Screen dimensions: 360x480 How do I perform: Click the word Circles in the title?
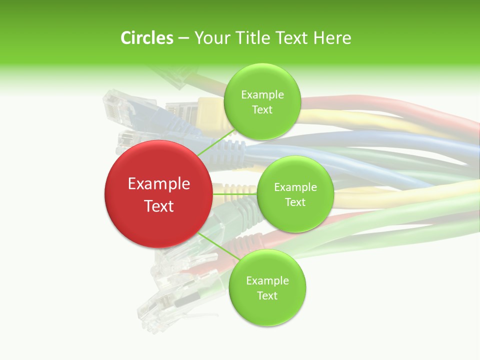[x=146, y=38]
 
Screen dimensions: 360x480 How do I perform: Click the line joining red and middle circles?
[x=234, y=194]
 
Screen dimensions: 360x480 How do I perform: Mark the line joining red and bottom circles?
[x=217, y=246]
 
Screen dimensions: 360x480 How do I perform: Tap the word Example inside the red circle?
[x=159, y=184]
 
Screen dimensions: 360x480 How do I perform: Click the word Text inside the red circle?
[x=159, y=206]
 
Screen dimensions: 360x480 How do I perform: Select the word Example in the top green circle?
[x=262, y=95]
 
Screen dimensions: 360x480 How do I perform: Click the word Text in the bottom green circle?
[x=267, y=295]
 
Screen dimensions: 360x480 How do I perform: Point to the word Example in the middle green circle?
[x=295, y=187]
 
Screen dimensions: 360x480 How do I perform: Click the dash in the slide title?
[x=183, y=38]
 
